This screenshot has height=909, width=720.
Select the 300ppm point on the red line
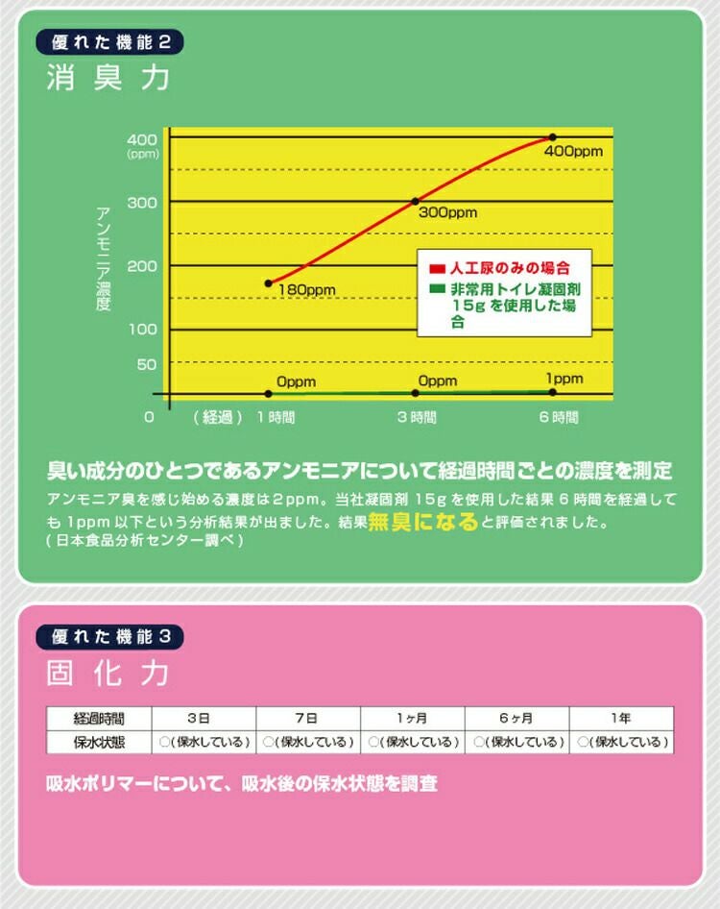point(415,201)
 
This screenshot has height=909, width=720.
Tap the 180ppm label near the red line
point(305,289)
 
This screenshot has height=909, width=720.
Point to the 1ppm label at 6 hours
point(564,379)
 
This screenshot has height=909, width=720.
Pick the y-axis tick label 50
point(146,364)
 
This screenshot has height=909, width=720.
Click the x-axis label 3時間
point(417,418)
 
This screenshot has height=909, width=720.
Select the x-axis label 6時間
point(558,418)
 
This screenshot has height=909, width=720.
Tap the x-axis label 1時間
point(276,418)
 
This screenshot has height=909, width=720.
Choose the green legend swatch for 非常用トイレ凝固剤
point(437,288)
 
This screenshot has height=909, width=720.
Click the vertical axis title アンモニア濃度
point(104,258)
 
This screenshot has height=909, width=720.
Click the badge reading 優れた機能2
point(108,43)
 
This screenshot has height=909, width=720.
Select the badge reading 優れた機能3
point(108,636)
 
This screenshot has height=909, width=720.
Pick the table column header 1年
point(620,718)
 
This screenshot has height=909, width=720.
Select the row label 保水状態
point(100,742)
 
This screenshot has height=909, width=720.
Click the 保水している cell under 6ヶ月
point(516,742)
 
